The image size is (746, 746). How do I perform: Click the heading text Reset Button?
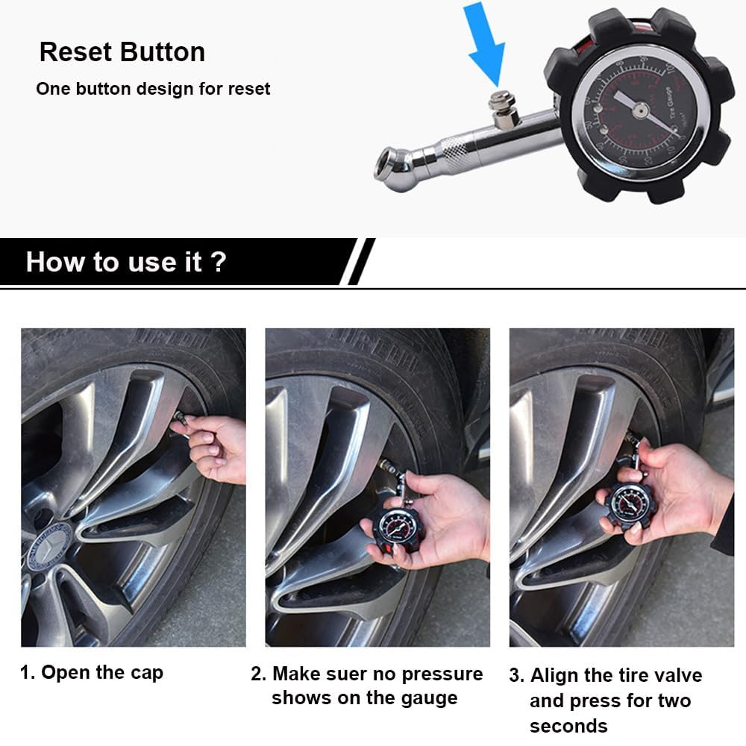(122, 52)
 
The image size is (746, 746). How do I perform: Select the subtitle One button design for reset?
(153, 89)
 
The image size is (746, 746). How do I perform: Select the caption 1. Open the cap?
(91, 672)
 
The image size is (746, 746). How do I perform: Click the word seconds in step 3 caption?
(568, 726)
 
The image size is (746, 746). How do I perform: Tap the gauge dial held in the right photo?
(629, 504)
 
